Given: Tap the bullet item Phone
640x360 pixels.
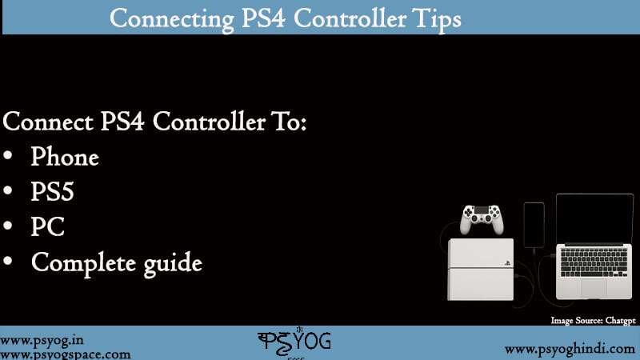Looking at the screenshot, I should [65, 157].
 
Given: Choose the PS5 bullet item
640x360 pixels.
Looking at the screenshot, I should [53, 192].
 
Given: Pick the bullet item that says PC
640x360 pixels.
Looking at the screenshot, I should [48, 227].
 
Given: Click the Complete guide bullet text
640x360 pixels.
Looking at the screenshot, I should [116, 262].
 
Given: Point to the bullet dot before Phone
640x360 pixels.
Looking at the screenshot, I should [9, 157].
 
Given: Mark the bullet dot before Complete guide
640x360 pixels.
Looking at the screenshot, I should [9, 262].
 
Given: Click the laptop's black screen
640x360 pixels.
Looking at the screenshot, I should [594, 220].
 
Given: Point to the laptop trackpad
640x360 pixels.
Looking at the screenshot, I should [593, 286].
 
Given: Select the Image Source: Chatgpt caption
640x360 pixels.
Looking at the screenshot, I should [593, 320].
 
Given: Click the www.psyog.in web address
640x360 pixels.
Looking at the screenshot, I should [42, 339].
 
